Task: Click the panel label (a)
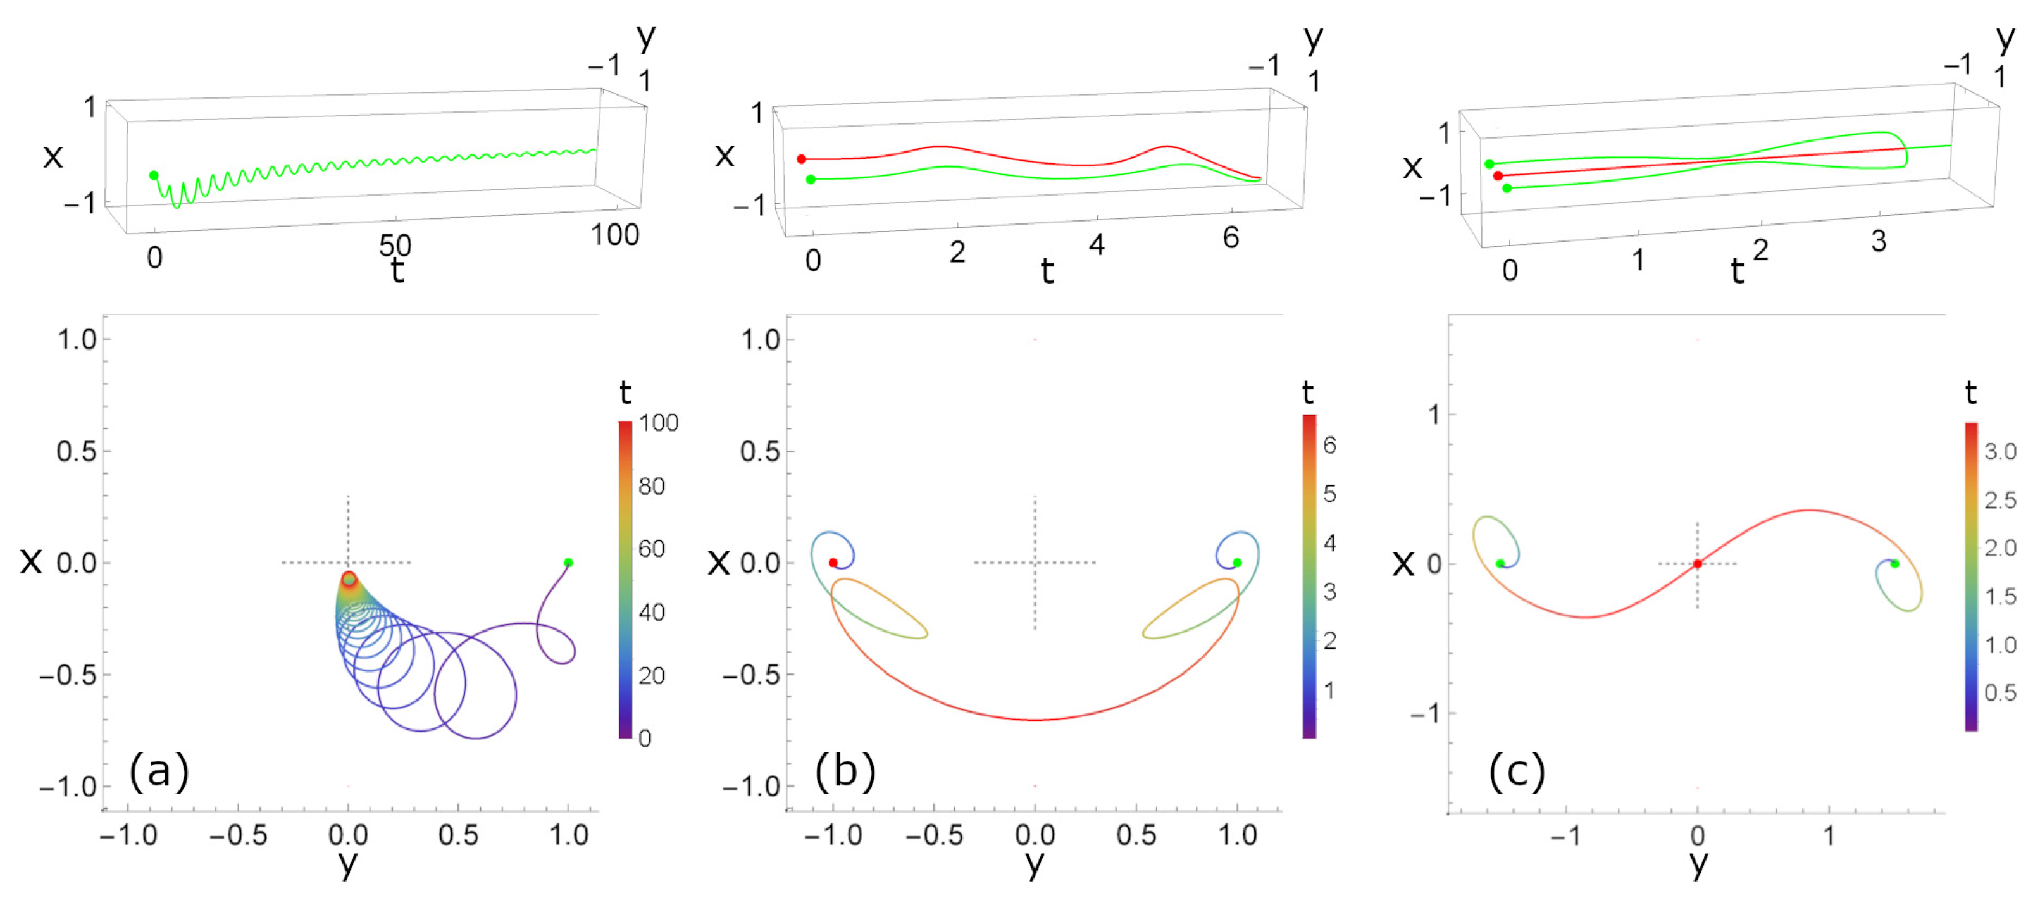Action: coord(159,772)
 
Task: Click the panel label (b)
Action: coord(845,772)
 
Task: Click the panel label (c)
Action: coord(1517,772)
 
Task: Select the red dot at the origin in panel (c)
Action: coord(1697,564)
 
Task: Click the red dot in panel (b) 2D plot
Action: coord(832,563)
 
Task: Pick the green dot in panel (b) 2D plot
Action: coord(1237,563)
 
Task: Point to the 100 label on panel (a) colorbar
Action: coord(659,423)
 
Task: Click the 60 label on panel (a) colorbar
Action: coord(652,549)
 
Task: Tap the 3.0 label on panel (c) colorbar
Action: coord(2000,452)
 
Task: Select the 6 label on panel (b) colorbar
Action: coord(1329,446)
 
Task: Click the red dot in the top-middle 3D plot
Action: coord(802,159)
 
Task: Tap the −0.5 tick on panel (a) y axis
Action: coord(237,835)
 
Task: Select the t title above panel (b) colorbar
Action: coord(1307,393)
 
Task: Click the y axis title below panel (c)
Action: coord(1698,864)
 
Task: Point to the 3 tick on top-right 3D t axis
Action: coord(1879,242)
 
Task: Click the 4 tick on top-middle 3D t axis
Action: coord(1096,245)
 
